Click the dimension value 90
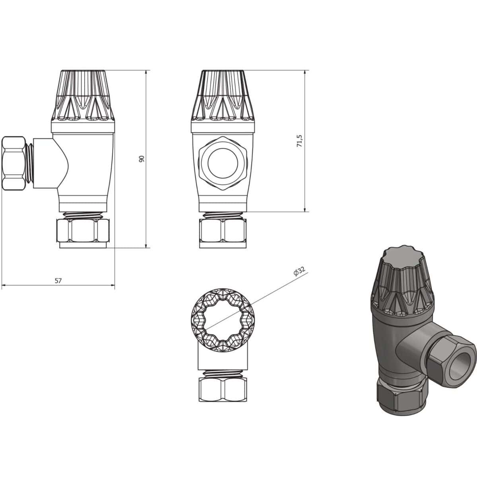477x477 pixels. click(141, 158)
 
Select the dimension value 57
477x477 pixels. click(58, 280)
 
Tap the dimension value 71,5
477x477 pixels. click(300, 141)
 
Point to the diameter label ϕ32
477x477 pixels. click(299, 271)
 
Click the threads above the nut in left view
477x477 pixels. click(83, 215)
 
